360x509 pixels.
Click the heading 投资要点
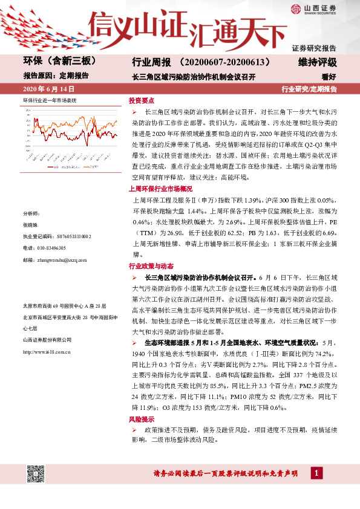pos(142,101)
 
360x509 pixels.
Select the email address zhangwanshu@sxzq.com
pos(63,259)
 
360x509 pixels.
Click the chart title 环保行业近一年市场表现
pos(50,99)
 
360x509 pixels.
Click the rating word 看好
pos(329,77)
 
